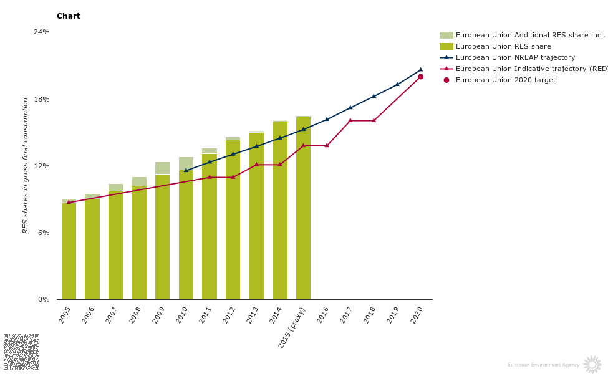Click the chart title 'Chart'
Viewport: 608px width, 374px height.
[x=68, y=16]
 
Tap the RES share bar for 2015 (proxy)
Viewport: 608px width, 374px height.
[x=303, y=208]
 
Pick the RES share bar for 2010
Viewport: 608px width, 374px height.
[x=186, y=235]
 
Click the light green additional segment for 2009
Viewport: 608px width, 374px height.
[x=162, y=168]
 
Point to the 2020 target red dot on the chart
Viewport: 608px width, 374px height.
[x=420, y=77]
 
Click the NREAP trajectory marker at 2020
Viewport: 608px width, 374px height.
[x=420, y=70]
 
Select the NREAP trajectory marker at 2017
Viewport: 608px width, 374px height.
[x=350, y=108]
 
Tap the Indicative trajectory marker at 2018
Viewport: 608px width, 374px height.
[x=374, y=120]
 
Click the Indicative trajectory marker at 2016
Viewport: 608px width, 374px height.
[x=327, y=146]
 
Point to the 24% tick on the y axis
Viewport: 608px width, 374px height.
[x=42, y=32]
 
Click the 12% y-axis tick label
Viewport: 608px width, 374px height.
[x=42, y=166]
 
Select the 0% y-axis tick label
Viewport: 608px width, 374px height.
[x=44, y=299]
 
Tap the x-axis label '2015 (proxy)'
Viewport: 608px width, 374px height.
[x=292, y=327]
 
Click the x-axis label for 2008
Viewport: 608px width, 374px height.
[x=135, y=315]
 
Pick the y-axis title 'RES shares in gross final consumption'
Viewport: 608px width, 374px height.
[x=26, y=165]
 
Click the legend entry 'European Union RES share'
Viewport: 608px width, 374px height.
[x=503, y=46]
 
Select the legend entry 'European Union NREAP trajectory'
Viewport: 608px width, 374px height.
[x=515, y=57]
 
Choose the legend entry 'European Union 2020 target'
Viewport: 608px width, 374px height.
[x=505, y=80]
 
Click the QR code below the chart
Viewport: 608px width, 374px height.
[x=21, y=352]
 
